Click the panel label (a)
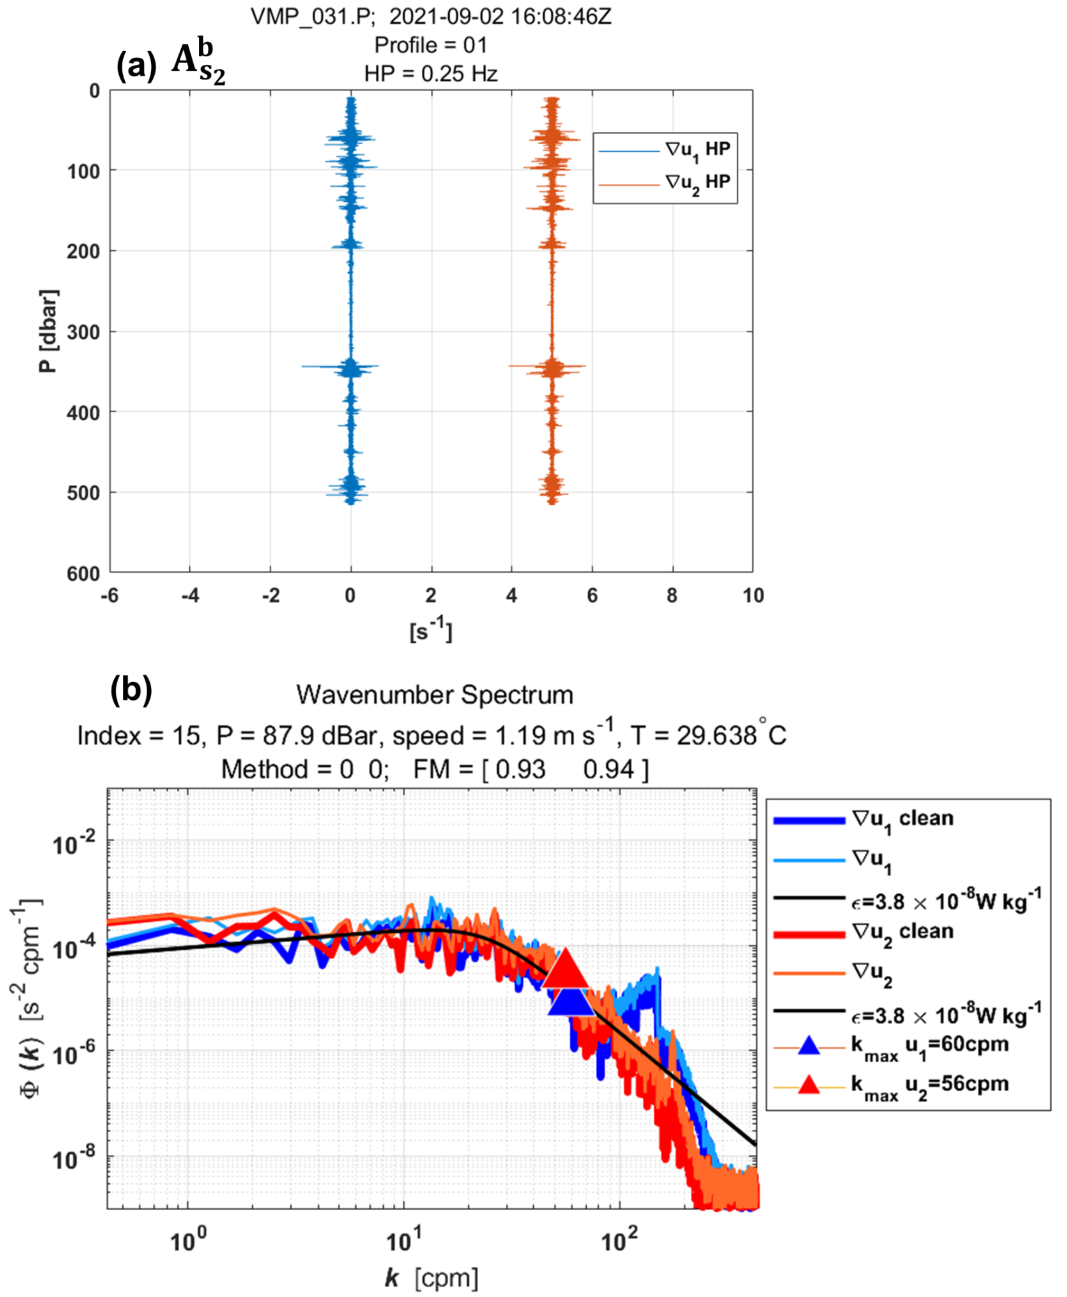136,65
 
